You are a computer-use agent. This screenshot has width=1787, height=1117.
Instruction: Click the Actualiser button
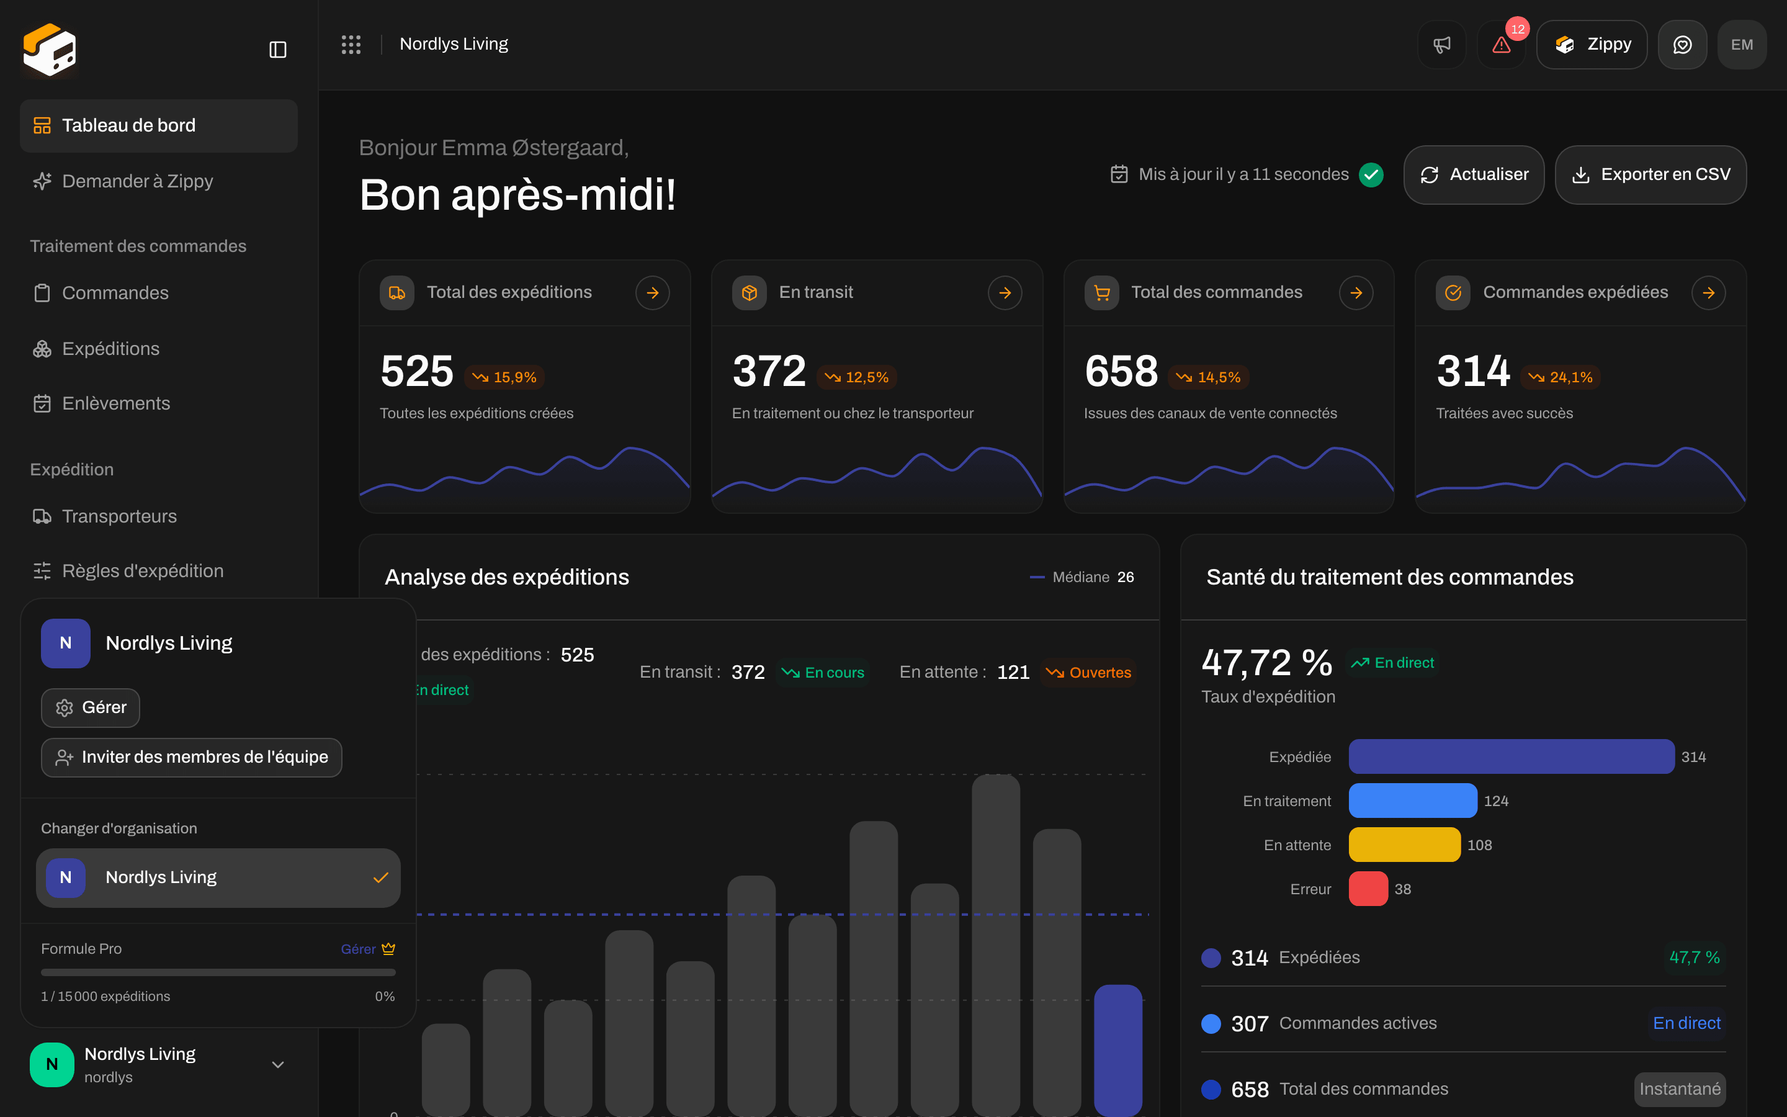[1473, 174]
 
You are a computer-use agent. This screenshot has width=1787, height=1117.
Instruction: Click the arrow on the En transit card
[1005, 294]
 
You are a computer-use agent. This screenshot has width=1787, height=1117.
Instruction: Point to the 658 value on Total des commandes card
[1121, 371]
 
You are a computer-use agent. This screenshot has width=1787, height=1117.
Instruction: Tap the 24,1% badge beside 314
[1561, 377]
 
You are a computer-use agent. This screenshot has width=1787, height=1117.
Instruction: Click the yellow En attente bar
[1405, 845]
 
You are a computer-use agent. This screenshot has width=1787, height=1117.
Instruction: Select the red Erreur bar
[1368, 889]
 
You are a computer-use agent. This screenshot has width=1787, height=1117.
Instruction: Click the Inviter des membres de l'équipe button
[191, 757]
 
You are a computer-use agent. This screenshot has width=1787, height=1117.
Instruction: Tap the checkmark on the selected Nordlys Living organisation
[380, 877]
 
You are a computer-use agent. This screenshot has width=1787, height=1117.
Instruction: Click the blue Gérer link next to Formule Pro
[358, 949]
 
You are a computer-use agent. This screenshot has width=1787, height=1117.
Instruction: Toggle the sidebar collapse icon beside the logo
[277, 50]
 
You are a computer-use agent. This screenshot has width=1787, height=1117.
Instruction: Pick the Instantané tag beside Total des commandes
[1679, 1089]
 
